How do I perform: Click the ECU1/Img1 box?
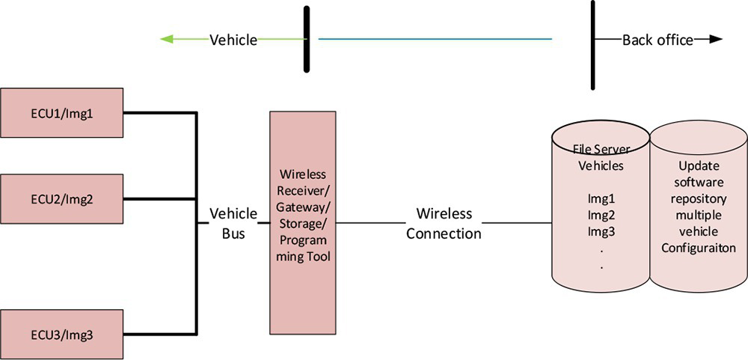[x=62, y=114]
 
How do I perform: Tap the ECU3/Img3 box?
[x=62, y=334]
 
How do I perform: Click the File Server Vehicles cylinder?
[x=601, y=217]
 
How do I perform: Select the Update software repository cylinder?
[x=698, y=217]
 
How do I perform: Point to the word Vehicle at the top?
[x=233, y=40]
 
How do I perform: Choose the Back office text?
[x=657, y=40]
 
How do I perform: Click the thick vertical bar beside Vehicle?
[x=307, y=39]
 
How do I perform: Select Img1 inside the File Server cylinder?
[x=602, y=199]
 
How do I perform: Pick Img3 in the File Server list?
[x=602, y=232]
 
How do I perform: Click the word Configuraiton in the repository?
[x=699, y=248]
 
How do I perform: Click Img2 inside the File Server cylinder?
[x=602, y=216]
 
